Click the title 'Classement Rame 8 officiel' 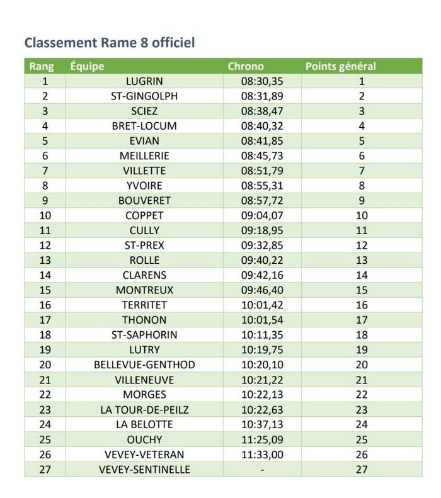(110, 43)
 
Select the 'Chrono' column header (245, 66)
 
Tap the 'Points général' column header (340, 66)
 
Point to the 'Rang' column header (42, 66)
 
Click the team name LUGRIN (144, 81)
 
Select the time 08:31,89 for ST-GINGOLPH (262, 96)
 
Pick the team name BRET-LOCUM (144, 126)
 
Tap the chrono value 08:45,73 (262, 156)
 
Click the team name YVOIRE (144, 186)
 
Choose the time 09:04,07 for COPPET (262, 215)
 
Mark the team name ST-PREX (144, 246)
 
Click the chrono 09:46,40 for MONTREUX (262, 290)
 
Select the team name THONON (144, 320)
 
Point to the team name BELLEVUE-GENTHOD (144, 365)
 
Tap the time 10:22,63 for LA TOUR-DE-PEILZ (262, 410)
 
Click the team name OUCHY (144, 439)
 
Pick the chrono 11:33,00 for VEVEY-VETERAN (262, 455)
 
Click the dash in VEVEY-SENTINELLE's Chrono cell (262, 470)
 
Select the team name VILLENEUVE (144, 380)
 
